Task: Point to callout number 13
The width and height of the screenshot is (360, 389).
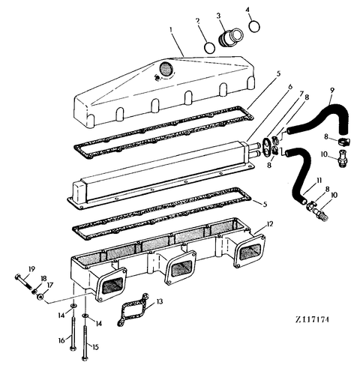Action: click(x=160, y=302)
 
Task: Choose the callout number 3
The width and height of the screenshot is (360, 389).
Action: click(x=219, y=14)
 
